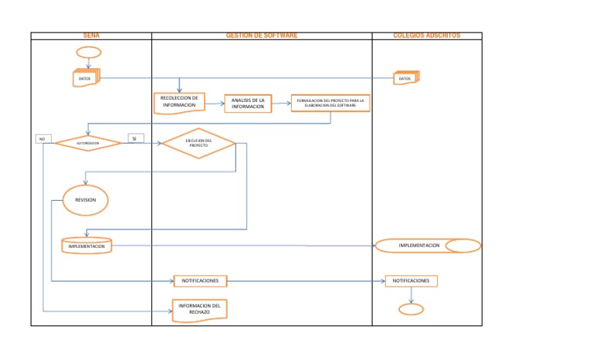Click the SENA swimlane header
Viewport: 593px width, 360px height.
point(91,36)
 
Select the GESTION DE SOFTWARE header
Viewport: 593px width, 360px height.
point(261,36)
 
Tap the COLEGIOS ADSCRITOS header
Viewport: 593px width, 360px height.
point(426,36)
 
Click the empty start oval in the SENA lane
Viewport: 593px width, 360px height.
point(88,53)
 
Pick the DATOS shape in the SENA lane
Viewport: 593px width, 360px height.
point(86,78)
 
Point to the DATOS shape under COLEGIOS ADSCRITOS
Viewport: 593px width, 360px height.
point(405,78)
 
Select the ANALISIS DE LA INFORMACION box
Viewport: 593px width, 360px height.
point(248,104)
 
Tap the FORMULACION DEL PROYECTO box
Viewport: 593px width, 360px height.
point(330,103)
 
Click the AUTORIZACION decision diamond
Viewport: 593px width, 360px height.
point(87,143)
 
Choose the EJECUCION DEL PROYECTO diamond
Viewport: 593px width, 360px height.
point(198,143)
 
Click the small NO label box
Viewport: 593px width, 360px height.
point(42,139)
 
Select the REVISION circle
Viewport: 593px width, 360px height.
point(85,200)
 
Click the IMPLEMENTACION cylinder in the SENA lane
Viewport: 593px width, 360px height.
point(86,246)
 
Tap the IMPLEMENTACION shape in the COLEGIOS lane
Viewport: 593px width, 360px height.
point(427,246)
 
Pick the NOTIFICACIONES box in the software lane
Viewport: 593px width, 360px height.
point(200,280)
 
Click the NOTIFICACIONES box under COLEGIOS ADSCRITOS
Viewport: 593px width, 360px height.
point(411,280)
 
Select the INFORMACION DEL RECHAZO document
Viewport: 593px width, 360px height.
point(199,309)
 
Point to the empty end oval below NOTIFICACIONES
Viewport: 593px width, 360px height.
point(411,309)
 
